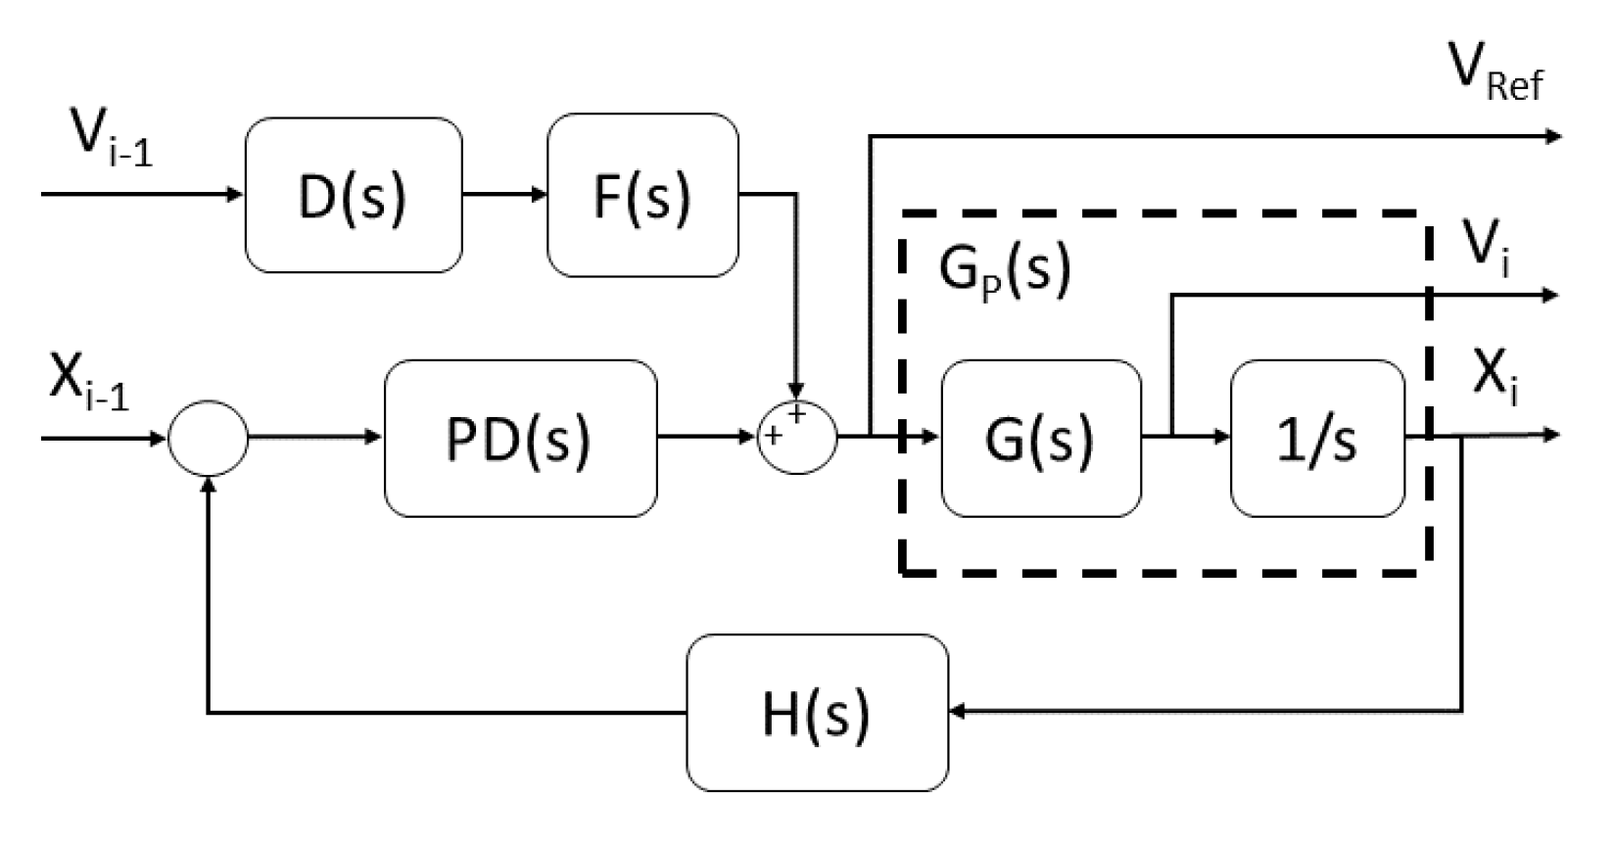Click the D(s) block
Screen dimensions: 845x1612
[353, 195]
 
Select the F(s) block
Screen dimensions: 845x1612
[642, 195]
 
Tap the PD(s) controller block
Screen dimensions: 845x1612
[520, 438]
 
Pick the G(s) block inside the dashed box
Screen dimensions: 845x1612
[1040, 438]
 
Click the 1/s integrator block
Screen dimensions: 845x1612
[1316, 438]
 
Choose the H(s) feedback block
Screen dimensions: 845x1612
[817, 713]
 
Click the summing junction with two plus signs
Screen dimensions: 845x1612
[798, 438]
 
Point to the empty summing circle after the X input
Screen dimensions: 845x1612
[208, 438]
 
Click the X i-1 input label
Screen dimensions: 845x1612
[88, 385]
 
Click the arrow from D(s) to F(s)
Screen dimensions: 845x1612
[504, 195]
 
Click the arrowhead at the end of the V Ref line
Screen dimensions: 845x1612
[1551, 136]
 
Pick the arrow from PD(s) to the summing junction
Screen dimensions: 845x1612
[707, 438]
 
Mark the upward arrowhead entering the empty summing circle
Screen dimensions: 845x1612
[208, 487]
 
